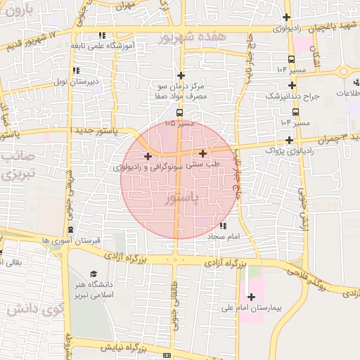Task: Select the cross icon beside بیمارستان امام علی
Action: pos(251,297)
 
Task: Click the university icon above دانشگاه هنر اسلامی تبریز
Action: pos(94,274)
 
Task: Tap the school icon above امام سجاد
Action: pos(223,226)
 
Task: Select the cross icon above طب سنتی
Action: pos(203,153)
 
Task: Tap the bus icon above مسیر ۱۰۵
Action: pos(179,112)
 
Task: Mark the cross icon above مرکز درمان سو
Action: pos(181,75)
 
